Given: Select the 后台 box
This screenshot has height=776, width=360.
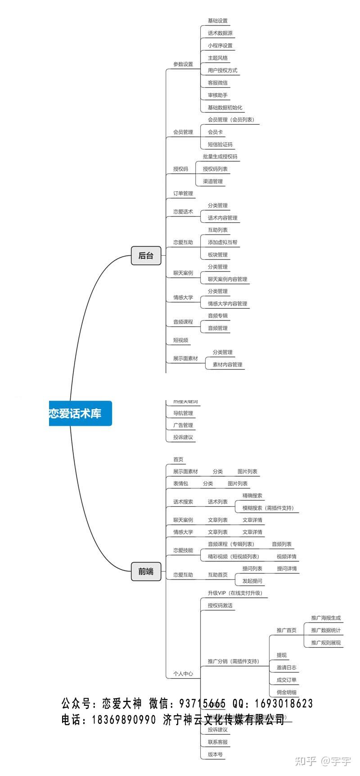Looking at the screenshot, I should pyautogui.click(x=146, y=256).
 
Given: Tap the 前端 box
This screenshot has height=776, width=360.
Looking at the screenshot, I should pyautogui.click(x=146, y=572).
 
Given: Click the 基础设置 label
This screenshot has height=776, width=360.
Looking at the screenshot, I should pyautogui.click(x=217, y=21).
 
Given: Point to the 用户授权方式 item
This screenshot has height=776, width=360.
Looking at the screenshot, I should pyautogui.click(x=222, y=70).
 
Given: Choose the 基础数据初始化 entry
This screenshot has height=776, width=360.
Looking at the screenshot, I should pyautogui.click(x=225, y=108).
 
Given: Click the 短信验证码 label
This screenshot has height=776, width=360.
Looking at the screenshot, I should pyautogui.click(x=220, y=144).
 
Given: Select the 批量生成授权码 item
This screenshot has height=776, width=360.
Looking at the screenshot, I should pyautogui.click(x=220, y=157).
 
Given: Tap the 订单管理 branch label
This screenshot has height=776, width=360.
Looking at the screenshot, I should pyautogui.click(x=183, y=194).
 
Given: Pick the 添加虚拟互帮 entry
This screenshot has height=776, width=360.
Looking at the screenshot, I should pyautogui.click(x=222, y=242).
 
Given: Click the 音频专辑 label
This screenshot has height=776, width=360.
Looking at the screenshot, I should pyautogui.click(x=217, y=316).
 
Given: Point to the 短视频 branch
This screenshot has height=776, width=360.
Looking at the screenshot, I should pyautogui.click(x=180, y=340).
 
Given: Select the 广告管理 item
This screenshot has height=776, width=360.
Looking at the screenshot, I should pyautogui.click(x=183, y=425).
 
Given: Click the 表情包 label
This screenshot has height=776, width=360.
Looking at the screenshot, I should pyautogui.click(x=180, y=483).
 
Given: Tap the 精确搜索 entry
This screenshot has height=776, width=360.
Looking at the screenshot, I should pyautogui.click(x=252, y=496).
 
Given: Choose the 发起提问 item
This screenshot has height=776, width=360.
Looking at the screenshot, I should pyautogui.click(x=252, y=581).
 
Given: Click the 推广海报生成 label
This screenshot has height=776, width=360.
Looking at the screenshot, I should pyautogui.click(x=326, y=618).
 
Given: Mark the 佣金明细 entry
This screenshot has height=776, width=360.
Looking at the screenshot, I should pyautogui.click(x=286, y=692).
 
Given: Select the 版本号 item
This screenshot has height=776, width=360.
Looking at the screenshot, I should pyautogui.click(x=215, y=754).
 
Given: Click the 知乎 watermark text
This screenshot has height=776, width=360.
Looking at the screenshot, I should pyautogui.click(x=305, y=761).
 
